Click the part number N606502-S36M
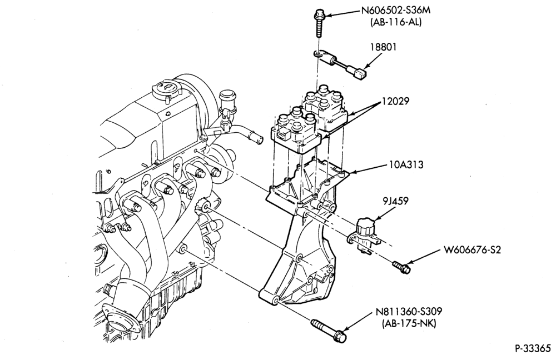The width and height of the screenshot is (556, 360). click(396, 10)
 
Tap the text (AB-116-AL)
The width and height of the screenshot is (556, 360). click(396, 22)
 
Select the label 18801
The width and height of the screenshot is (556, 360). click(383, 47)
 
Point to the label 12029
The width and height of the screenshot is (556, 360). click(395, 101)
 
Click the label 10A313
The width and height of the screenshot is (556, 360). click(405, 165)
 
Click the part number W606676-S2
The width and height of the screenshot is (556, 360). click(472, 250)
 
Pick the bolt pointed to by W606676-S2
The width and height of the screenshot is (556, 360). click(401, 267)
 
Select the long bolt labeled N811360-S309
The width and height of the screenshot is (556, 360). click(329, 331)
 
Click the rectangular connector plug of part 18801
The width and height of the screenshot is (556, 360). click(360, 74)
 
